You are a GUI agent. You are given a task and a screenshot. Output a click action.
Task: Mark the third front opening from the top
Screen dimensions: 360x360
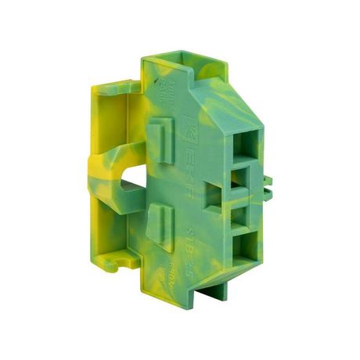click(239, 212)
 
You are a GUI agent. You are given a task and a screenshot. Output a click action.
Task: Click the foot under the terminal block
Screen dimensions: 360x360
click(212, 290)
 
